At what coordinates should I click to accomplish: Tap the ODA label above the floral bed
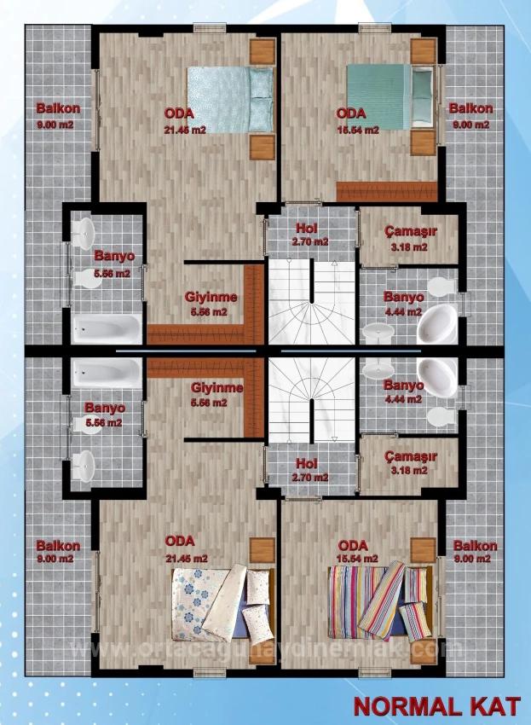(x=180, y=541)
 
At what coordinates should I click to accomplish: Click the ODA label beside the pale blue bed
(x=179, y=113)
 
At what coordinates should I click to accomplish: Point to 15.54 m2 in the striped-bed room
(x=357, y=559)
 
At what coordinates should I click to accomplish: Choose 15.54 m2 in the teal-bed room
(x=355, y=129)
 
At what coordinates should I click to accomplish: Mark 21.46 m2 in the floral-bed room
(x=186, y=559)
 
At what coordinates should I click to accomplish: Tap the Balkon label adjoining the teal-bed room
(x=470, y=109)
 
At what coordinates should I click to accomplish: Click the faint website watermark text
(x=265, y=650)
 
